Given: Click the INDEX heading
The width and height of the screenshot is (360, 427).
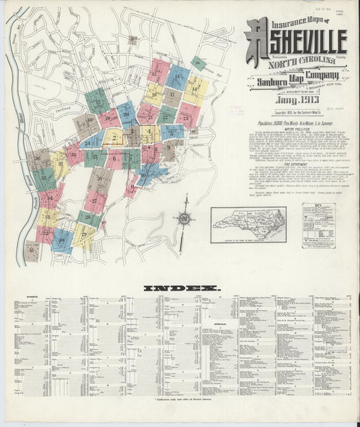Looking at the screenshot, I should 181,288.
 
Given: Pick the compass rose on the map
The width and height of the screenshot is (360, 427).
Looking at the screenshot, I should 183,218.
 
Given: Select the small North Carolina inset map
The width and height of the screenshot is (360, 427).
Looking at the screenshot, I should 248,224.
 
